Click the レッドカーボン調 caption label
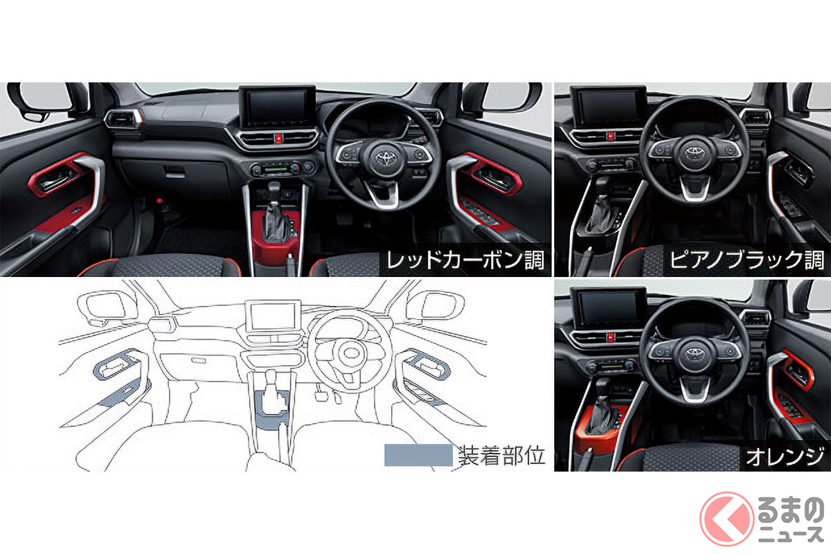[465, 260]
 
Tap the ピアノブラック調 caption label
[747, 260]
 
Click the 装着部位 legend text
[501, 455]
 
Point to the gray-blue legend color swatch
[418, 455]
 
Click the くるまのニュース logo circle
[726, 519]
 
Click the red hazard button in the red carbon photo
[278, 138]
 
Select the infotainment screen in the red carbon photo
[278, 107]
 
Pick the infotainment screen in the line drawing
[273, 316]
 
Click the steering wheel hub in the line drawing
[350, 353]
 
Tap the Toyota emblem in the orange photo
[693, 353]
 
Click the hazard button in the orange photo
[611, 337]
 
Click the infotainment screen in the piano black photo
[608, 105]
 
